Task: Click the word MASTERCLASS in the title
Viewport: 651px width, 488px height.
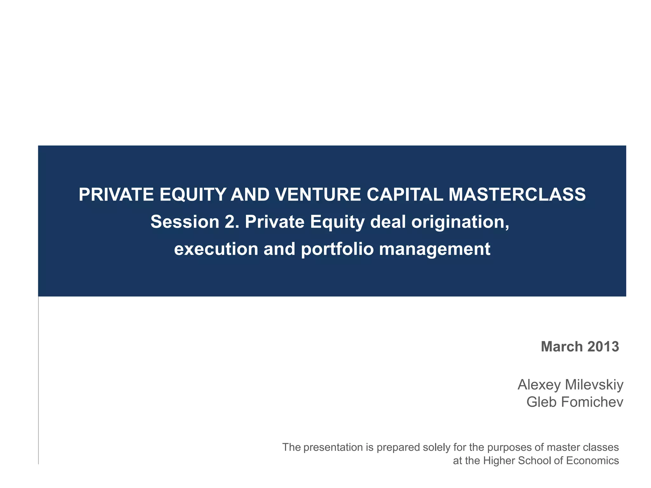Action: tap(517, 195)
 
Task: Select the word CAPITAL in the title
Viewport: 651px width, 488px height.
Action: tap(405, 195)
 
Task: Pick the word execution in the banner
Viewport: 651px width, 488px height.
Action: tap(216, 249)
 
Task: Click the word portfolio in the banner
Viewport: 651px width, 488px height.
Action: tap(337, 249)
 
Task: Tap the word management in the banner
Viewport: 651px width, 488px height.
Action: tap(435, 249)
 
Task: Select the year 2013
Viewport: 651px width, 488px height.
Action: tap(603, 347)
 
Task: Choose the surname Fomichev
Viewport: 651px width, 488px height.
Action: tap(592, 402)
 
